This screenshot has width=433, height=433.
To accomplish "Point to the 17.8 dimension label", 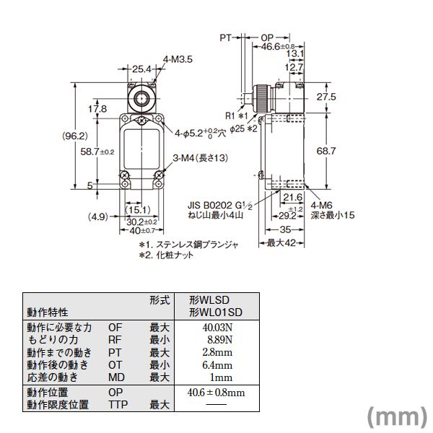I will pos(97,109).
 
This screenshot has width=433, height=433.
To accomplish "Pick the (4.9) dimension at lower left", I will pos(99,215).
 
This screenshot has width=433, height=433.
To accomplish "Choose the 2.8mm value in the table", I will pos(218,353).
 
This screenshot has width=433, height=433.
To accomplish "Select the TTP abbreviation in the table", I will pos(118,405).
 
